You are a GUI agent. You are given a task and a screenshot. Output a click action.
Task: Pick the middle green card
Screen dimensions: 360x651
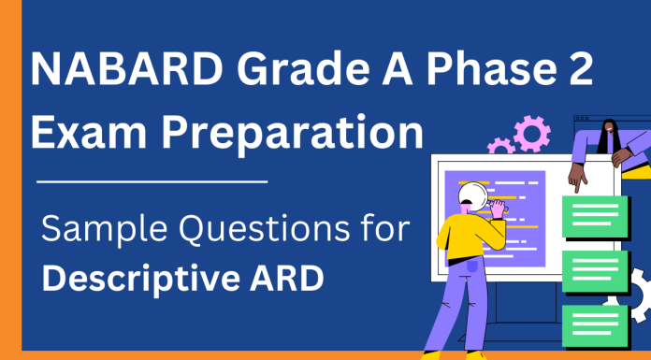coord(595,270)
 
